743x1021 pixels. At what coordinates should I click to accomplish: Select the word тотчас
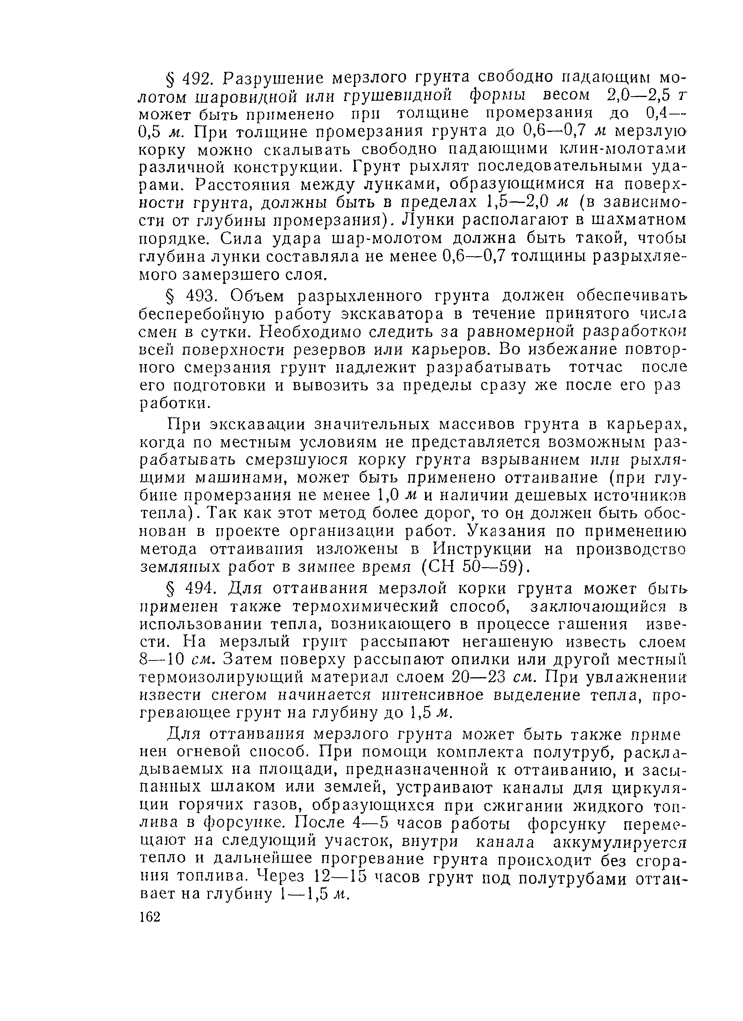596,367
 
